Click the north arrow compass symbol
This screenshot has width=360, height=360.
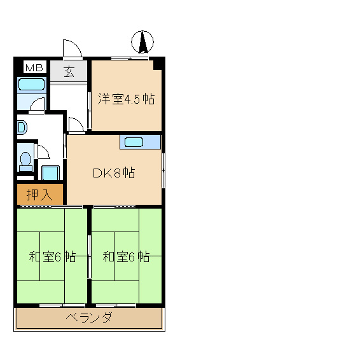[x=143, y=43]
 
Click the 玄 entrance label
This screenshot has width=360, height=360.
[x=69, y=71]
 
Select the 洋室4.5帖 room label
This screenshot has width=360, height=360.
[x=126, y=99]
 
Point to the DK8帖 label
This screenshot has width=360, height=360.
[x=114, y=172]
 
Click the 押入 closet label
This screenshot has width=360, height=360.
[x=39, y=195]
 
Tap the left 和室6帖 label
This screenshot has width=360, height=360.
[x=52, y=257]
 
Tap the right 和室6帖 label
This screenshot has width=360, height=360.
[x=126, y=257]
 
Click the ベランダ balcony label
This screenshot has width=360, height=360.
[x=88, y=318]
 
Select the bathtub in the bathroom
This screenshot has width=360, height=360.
[x=31, y=85]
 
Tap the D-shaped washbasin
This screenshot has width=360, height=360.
[x=21, y=127]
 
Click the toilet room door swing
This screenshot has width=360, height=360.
[x=43, y=151]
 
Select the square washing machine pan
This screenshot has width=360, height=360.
[x=50, y=172]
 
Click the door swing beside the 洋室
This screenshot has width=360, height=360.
[x=76, y=125]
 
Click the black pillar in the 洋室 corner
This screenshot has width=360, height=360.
[x=159, y=63]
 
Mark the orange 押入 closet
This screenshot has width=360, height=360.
[x=39, y=195]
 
